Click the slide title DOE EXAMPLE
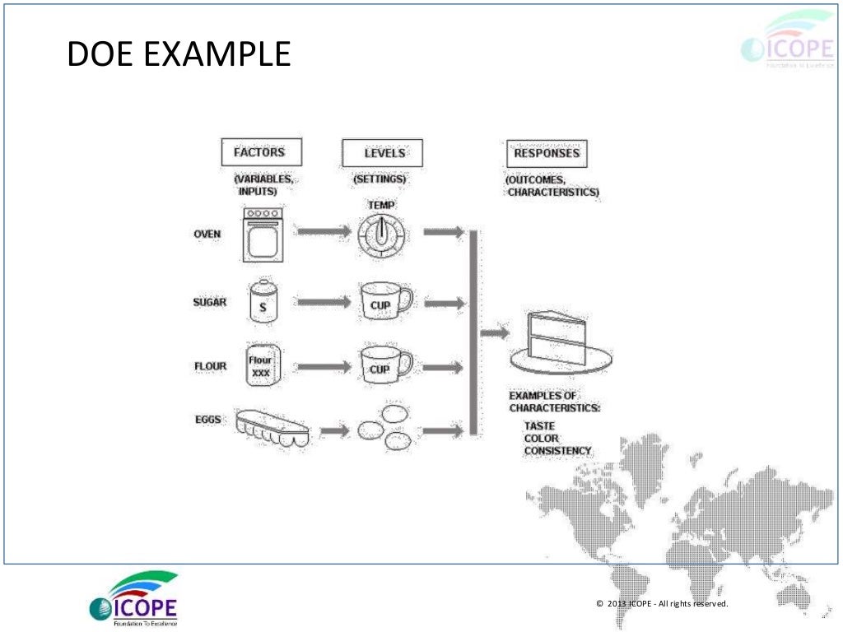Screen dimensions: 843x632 (x=178, y=55)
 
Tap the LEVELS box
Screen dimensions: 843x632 (x=383, y=153)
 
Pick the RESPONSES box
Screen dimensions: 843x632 (x=546, y=153)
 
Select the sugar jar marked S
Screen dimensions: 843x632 (x=263, y=302)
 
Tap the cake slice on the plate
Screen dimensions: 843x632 (x=560, y=342)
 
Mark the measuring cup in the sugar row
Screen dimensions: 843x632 (x=383, y=303)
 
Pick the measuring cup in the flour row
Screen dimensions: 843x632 (x=383, y=365)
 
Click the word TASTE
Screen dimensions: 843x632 (x=539, y=426)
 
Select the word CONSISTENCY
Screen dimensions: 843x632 (x=557, y=451)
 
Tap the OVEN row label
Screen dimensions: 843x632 (x=207, y=235)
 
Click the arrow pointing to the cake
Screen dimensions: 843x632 (x=494, y=333)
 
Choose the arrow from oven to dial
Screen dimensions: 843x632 (x=324, y=233)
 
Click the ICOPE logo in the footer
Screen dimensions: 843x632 (x=133, y=598)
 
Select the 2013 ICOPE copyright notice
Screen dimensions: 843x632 (x=661, y=605)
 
